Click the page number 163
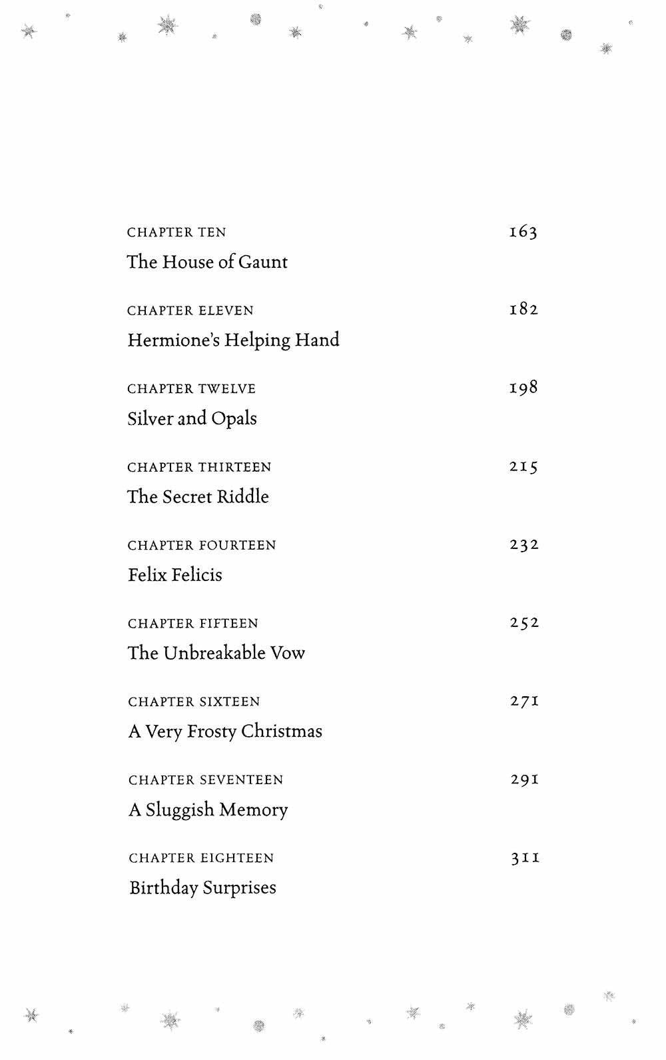pyautogui.click(x=523, y=232)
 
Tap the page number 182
pyautogui.click(x=523, y=309)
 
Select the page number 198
pyautogui.click(x=523, y=388)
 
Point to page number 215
pyautogui.click(x=523, y=466)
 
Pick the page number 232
pyautogui.click(x=524, y=545)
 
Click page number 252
pyautogui.click(x=524, y=623)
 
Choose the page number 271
pyautogui.click(x=525, y=701)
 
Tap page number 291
pyautogui.click(x=525, y=780)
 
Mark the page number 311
pyautogui.click(x=525, y=857)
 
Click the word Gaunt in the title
pyautogui.click(x=263, y=262)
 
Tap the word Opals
pyautogui.click(x=234, y=419)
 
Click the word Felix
pyautogui.click(x=147, y=575)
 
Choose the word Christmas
pyautogui.click(x=282, y=732)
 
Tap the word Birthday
pyautogui.click(x=163, y=888)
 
